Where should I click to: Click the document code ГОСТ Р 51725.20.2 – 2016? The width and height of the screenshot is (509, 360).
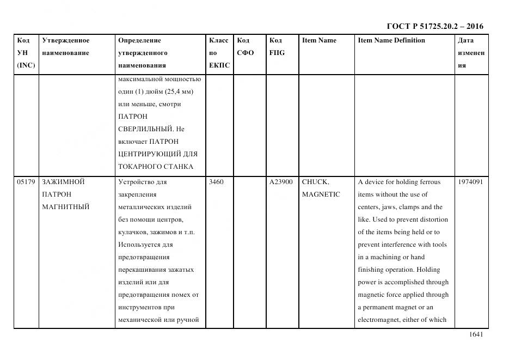click(434, 26)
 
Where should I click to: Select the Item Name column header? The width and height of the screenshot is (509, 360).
click(319, 40)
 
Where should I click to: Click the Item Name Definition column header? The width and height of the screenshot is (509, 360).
click(391, 40)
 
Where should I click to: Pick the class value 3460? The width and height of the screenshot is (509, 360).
click(216, 182)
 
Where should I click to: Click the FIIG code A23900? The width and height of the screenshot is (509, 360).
click(281, 182)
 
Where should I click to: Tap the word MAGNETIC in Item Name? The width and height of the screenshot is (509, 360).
click(321, 194)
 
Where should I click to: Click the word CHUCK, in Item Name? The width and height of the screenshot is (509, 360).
click(315, 182)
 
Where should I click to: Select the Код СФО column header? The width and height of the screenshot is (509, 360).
click(245, 47)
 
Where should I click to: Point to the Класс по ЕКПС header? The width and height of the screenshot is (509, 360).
click(219, 53)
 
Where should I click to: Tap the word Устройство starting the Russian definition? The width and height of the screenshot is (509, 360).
click(135, 182)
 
